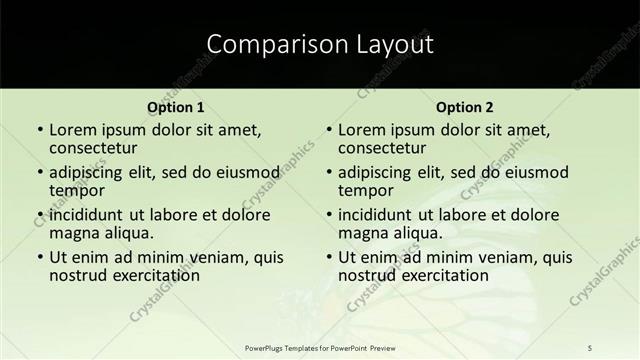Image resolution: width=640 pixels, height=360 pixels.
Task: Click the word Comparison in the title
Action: click(x=262, y=44)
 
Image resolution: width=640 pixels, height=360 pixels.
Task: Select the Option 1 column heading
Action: click(x=175, y=107)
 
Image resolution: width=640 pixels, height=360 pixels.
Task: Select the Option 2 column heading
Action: click(x=464, y=107)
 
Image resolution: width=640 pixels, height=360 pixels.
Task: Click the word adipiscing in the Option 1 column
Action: click(x=91, y=172)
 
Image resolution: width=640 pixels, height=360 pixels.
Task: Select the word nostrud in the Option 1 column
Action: click(x=77, y=275)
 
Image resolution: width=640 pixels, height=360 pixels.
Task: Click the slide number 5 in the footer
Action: click(x=590, y=348)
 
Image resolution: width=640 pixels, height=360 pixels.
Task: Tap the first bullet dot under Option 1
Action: click(x=39, y=130)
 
